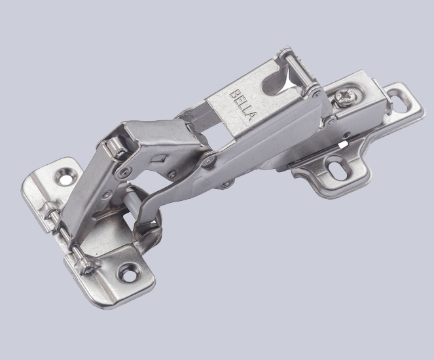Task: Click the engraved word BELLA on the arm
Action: [241, 103]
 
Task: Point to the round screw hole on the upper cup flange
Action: [64, 173]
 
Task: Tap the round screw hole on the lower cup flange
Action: [126, 270]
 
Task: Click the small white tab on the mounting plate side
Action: [343, 142]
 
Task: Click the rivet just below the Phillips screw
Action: [332, 120]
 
